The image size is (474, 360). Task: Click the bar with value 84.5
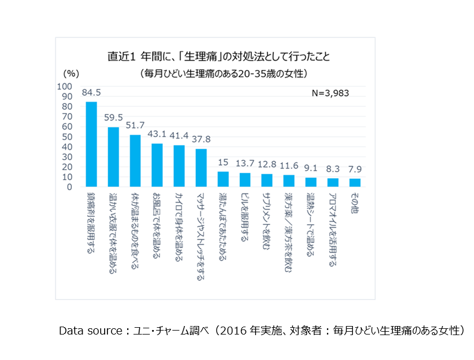(91, 144)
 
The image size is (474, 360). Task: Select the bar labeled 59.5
(113, 157)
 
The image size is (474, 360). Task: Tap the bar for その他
(355, 182)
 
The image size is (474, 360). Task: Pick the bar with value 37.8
(201, 168)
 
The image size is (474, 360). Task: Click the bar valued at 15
(223, 179)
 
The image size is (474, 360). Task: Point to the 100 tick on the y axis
(65, 87)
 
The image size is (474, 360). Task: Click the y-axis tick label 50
(67, 136)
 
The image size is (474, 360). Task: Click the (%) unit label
(70, 73)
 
